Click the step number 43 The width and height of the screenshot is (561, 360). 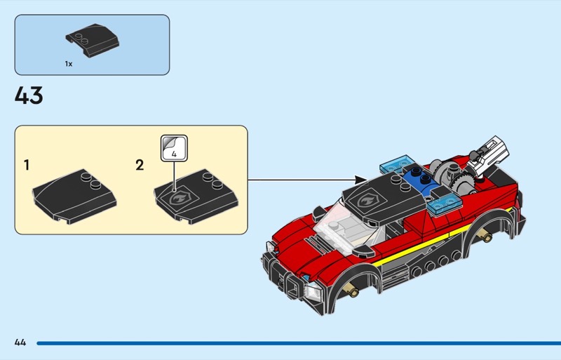point(29,95)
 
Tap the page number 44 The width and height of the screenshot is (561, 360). point(20,342)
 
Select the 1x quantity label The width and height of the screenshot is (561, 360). point(69,64)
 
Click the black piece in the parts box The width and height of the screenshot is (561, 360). point(93,40)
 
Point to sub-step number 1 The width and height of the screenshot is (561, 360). point(26,165)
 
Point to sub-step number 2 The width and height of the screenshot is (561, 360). point(140,165)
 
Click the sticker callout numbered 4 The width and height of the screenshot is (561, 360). point(174,148)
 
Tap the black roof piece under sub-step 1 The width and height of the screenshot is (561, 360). point(74,196)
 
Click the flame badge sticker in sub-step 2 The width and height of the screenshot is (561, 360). point(179,197)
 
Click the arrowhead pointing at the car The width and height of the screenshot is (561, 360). point(361,180)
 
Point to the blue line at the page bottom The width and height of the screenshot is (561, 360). point(299,343)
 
